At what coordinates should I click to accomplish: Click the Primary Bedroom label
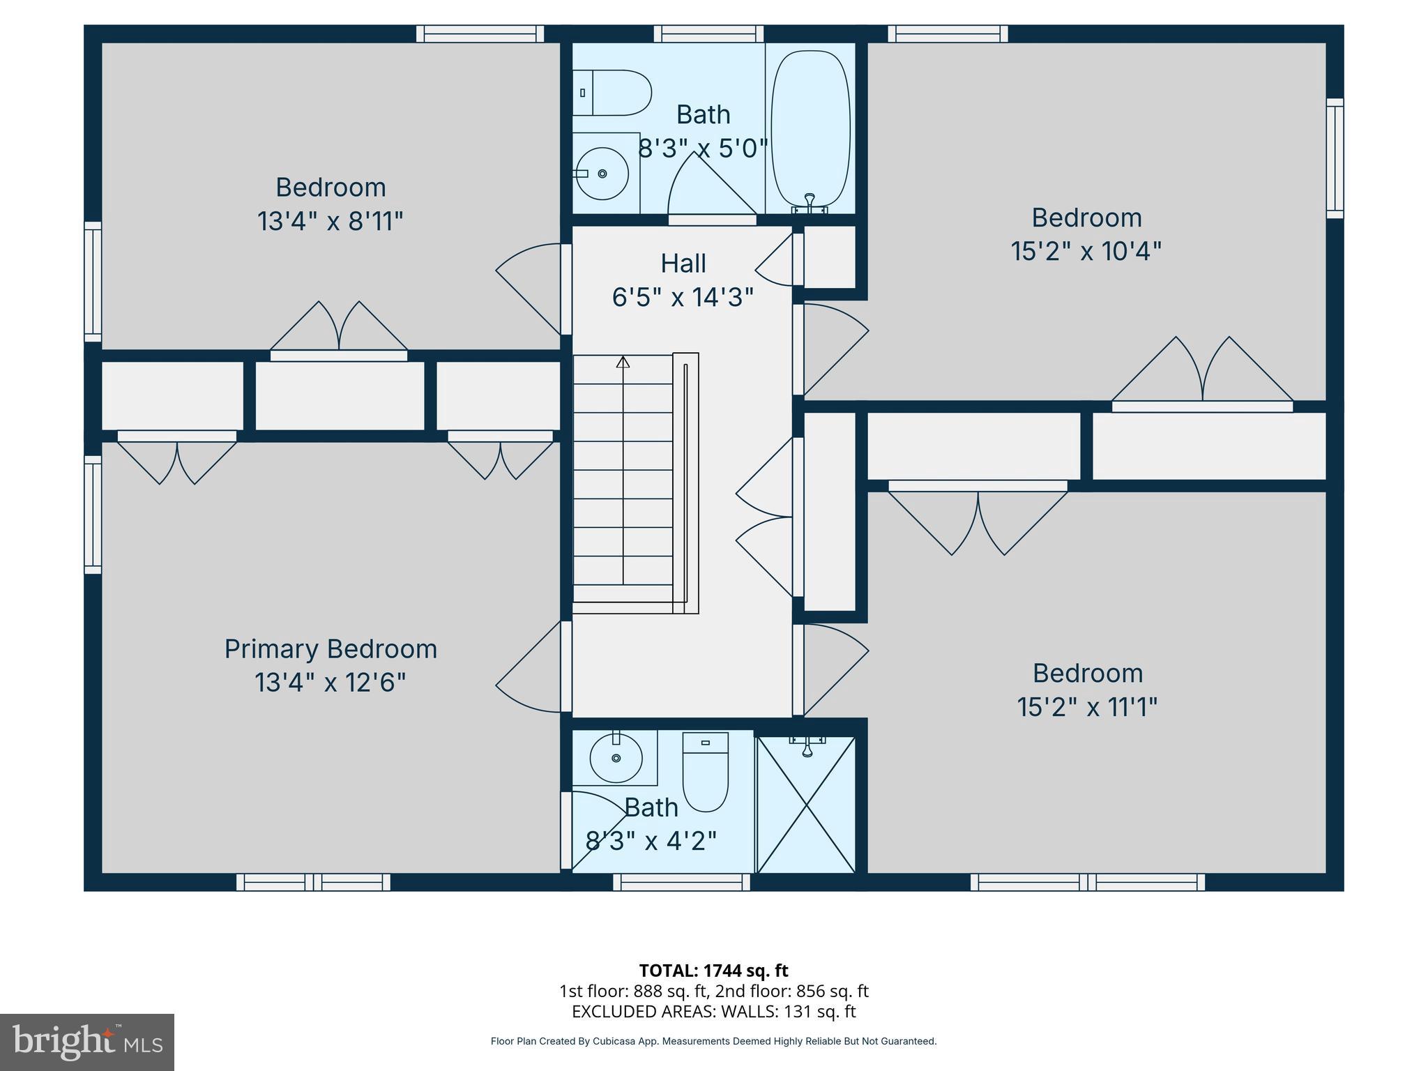click(x=331, y=649)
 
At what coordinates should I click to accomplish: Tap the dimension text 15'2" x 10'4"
click(x=1086, y=251)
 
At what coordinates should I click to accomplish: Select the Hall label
click(x=683, y=264)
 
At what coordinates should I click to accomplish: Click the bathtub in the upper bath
click(x=810, y=129)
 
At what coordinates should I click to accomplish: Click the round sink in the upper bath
click(x=602, y=174)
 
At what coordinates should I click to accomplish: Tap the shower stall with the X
click(x=806, y=805)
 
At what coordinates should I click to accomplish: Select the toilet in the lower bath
click(x=705, y=770)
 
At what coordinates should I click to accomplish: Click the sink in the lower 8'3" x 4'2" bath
click(x=616, y=757)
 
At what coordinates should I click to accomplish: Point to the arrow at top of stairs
click(x=623, y=362)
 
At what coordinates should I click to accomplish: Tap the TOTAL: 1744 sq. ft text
click(x=713, y=971)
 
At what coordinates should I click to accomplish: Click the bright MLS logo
click(x=87, y=1042)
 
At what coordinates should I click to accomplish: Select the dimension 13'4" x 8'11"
click(x=331, y=222)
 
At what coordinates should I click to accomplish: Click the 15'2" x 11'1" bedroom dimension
click(x=1087, y=707)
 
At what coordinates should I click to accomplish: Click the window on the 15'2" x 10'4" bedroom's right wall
click(x=1335, y=158)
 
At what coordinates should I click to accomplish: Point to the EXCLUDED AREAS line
click(x=713, y=1011)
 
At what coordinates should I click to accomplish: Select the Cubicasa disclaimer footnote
click(x=713, y=1041)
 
